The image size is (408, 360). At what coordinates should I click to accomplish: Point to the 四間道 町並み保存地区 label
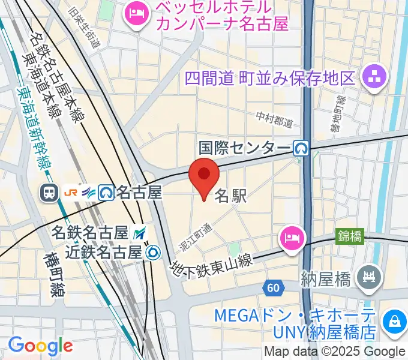pyautogui.click(x=270, y=78)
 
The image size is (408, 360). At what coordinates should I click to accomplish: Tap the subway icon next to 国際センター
pyautogui.click(x=301, y=147)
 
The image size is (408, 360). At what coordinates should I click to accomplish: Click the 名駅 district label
pyautogui.click(x=230, y=196)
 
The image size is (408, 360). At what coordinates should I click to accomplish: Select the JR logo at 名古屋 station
pyautogui.click(x=71, y=192)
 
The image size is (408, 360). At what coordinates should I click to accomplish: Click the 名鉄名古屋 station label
pyautogui.click(x=91, y=232)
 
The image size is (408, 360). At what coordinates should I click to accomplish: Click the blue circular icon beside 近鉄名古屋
pyautogui.click(x=154, y=253)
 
